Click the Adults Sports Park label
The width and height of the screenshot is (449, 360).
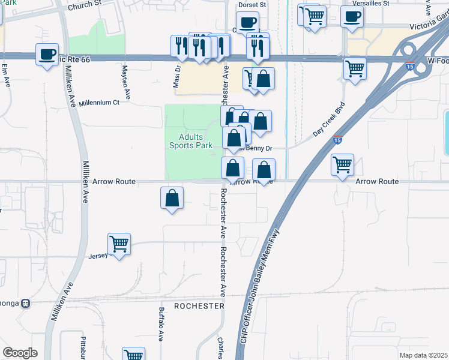pos(191,141)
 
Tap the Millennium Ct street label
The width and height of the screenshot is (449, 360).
pos(99,103)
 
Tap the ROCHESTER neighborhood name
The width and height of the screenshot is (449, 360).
pos(199,306)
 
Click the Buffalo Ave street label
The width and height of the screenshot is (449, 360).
pos(161,325)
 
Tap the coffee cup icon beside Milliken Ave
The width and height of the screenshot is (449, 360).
pos(47,55)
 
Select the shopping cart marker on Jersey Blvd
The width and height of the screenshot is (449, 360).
pos(119,244)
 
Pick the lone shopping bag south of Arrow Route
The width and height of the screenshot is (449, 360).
pos(172,198)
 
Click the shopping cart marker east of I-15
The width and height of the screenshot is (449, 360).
pos(342,164)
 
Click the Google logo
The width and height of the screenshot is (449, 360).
pos(20,353)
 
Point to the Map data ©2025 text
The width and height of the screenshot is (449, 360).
pos(423,355)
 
